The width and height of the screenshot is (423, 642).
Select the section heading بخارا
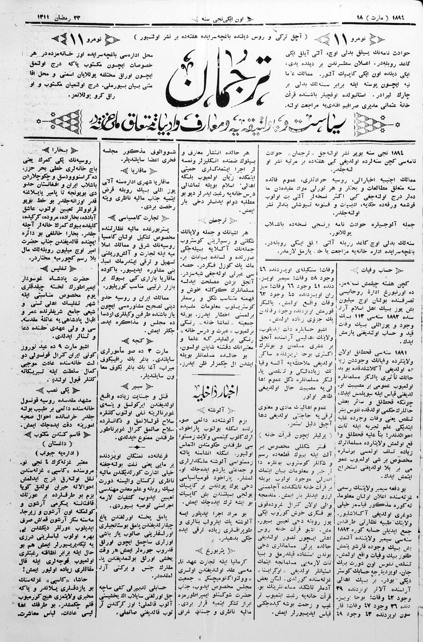[x=60, y=150]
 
